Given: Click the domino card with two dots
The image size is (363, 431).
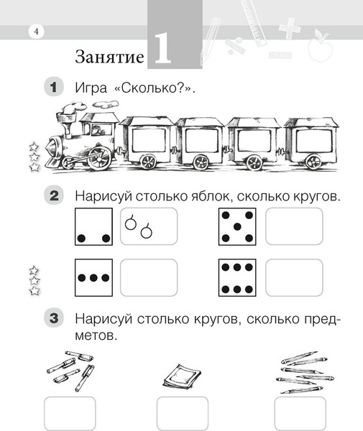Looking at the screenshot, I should pyautogui.click(x=93, y=226).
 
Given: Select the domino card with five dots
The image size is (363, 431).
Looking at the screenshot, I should pyautogui.click(x=236, y=226).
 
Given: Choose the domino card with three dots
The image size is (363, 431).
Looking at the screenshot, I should pyautogui.click(x=93, y=277).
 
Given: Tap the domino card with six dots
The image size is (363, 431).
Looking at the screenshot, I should pyautogui.click(x=236, y=277).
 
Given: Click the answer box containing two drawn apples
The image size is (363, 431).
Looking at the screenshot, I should pyautogui.click(x=148, y=226).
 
